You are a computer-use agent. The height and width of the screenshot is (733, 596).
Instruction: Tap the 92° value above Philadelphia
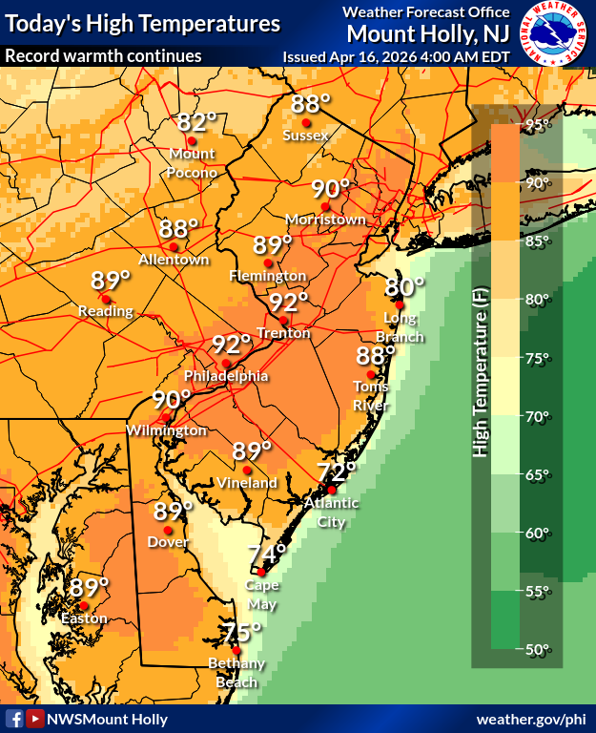tap(232, 345)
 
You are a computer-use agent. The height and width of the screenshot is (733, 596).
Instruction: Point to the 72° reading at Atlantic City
tap(337, 471)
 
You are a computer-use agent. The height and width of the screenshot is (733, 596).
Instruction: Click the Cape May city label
tap(262, 594)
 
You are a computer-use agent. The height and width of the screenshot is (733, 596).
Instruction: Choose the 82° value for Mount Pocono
tap(197, 122)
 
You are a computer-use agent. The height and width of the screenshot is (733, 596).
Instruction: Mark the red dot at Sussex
tap(306, 122)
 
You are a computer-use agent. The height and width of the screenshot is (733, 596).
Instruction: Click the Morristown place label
tap(332, 220)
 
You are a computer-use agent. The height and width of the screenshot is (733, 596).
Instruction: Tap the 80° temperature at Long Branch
tap(404, 284)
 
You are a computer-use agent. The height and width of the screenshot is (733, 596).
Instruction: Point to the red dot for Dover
tap(167, 530)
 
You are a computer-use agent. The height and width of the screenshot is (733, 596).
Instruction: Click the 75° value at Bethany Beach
tap(242, 632)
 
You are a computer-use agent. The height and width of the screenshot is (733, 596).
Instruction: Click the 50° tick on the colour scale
tap(540, 650)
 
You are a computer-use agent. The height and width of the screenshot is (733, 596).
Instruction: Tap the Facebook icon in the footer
tap(14, 719)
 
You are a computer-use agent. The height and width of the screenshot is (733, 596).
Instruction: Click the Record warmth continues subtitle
tap(103, 55)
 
